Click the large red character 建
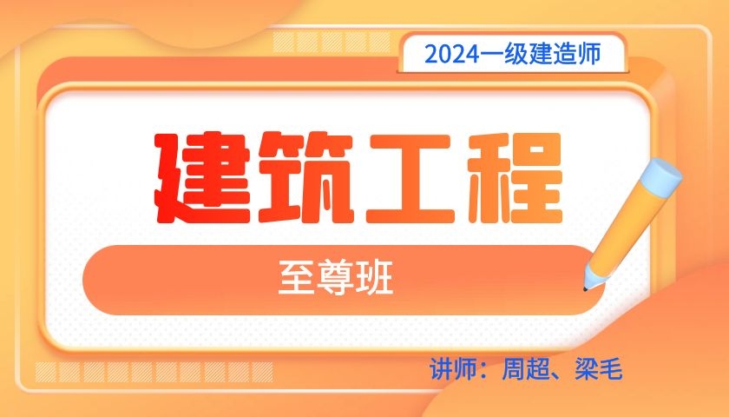tap(204, 178)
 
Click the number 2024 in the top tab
tap(452, 55)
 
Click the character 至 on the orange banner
tap(297, 277)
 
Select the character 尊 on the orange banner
tap(336, 277)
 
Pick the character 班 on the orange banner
tap(374, 277)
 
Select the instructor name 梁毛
tap(598, 369)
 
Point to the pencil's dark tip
tap(585, 289)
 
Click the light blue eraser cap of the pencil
tap(661, 175)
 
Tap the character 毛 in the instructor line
tap(610, 369)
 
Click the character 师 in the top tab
tap(589, 54)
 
